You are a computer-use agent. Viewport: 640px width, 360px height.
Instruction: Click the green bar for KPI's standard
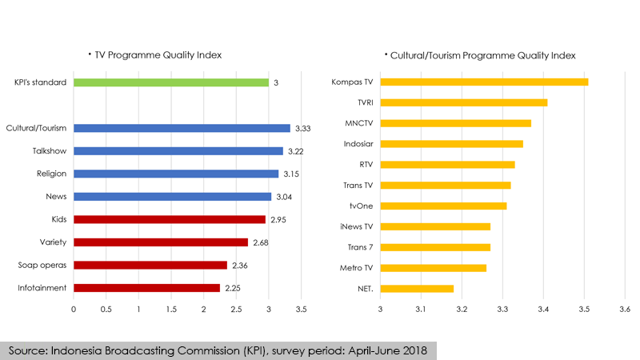click(x=171, y=82)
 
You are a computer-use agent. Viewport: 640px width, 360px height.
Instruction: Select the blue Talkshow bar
click(x=178, y=151)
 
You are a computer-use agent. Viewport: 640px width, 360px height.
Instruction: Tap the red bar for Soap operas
click(x=150, y=265)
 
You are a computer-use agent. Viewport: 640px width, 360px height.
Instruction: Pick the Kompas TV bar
click(x=484, y=82)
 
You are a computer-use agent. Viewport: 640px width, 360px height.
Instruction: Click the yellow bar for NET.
click(x=417, y=288)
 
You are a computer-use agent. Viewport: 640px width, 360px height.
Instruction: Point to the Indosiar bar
click(x=451, y=144)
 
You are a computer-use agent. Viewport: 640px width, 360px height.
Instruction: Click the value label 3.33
click(x=302, y=129)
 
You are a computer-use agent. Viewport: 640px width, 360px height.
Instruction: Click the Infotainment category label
click(x=42, y=287)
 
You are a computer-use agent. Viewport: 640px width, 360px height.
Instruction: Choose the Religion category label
click(x=52, y=174)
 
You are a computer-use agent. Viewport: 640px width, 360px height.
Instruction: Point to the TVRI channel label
click(x=364, y=102)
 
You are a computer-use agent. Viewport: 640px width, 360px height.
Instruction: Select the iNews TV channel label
click(x=358, y=226)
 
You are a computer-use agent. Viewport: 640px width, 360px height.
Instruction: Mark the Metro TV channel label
click(x=358, y=268)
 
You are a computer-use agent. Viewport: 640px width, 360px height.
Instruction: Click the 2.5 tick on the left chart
click(x=236, y=308)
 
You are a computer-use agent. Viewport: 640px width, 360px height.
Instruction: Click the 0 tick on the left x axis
click(x=74, y=308)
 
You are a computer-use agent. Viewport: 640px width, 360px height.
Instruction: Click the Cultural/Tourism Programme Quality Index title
click(x=482, y=55)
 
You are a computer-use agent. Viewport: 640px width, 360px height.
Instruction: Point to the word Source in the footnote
click(x=30, y=350)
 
